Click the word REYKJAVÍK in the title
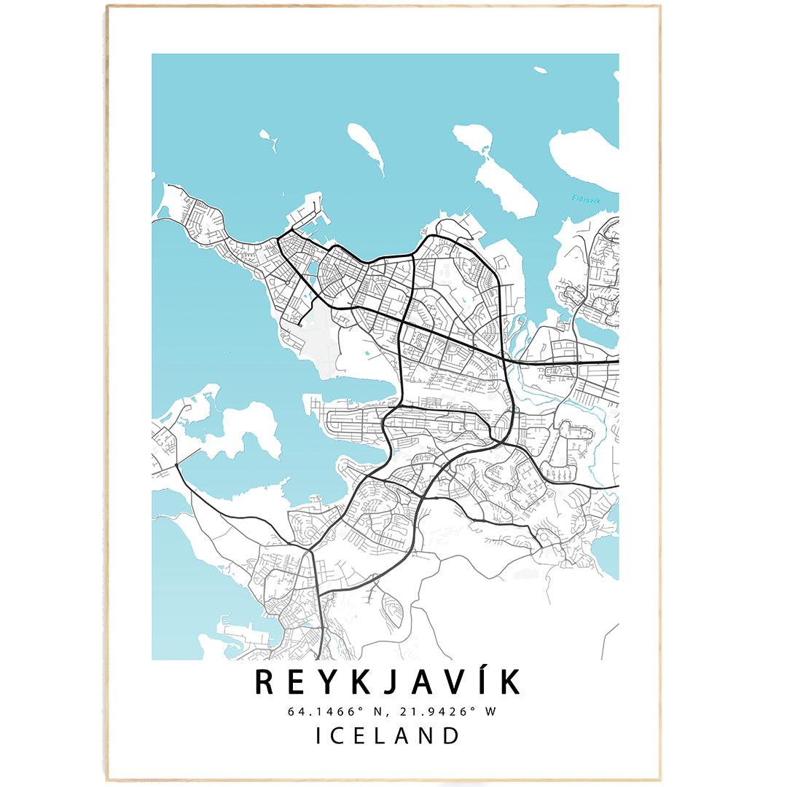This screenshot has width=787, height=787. [x=388, y=683]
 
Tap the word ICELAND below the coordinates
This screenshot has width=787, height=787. [x=388, y=735]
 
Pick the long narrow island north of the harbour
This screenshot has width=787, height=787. [x=366, y=148]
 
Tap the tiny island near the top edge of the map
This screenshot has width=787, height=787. [x=540, y=71]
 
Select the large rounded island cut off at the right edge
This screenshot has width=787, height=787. [x=587, y=154]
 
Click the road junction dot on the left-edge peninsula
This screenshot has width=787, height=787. [x=177, y=464]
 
